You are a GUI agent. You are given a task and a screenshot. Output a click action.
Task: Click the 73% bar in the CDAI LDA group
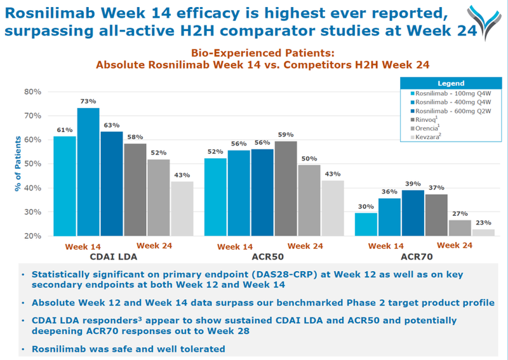[x=88, y=171]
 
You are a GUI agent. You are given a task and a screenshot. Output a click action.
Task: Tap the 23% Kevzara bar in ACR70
[x=483, y=232]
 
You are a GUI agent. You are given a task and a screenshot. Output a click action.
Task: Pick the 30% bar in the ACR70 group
[x=366, y=224]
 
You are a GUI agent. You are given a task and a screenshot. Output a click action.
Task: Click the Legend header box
[x=451, y=83]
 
